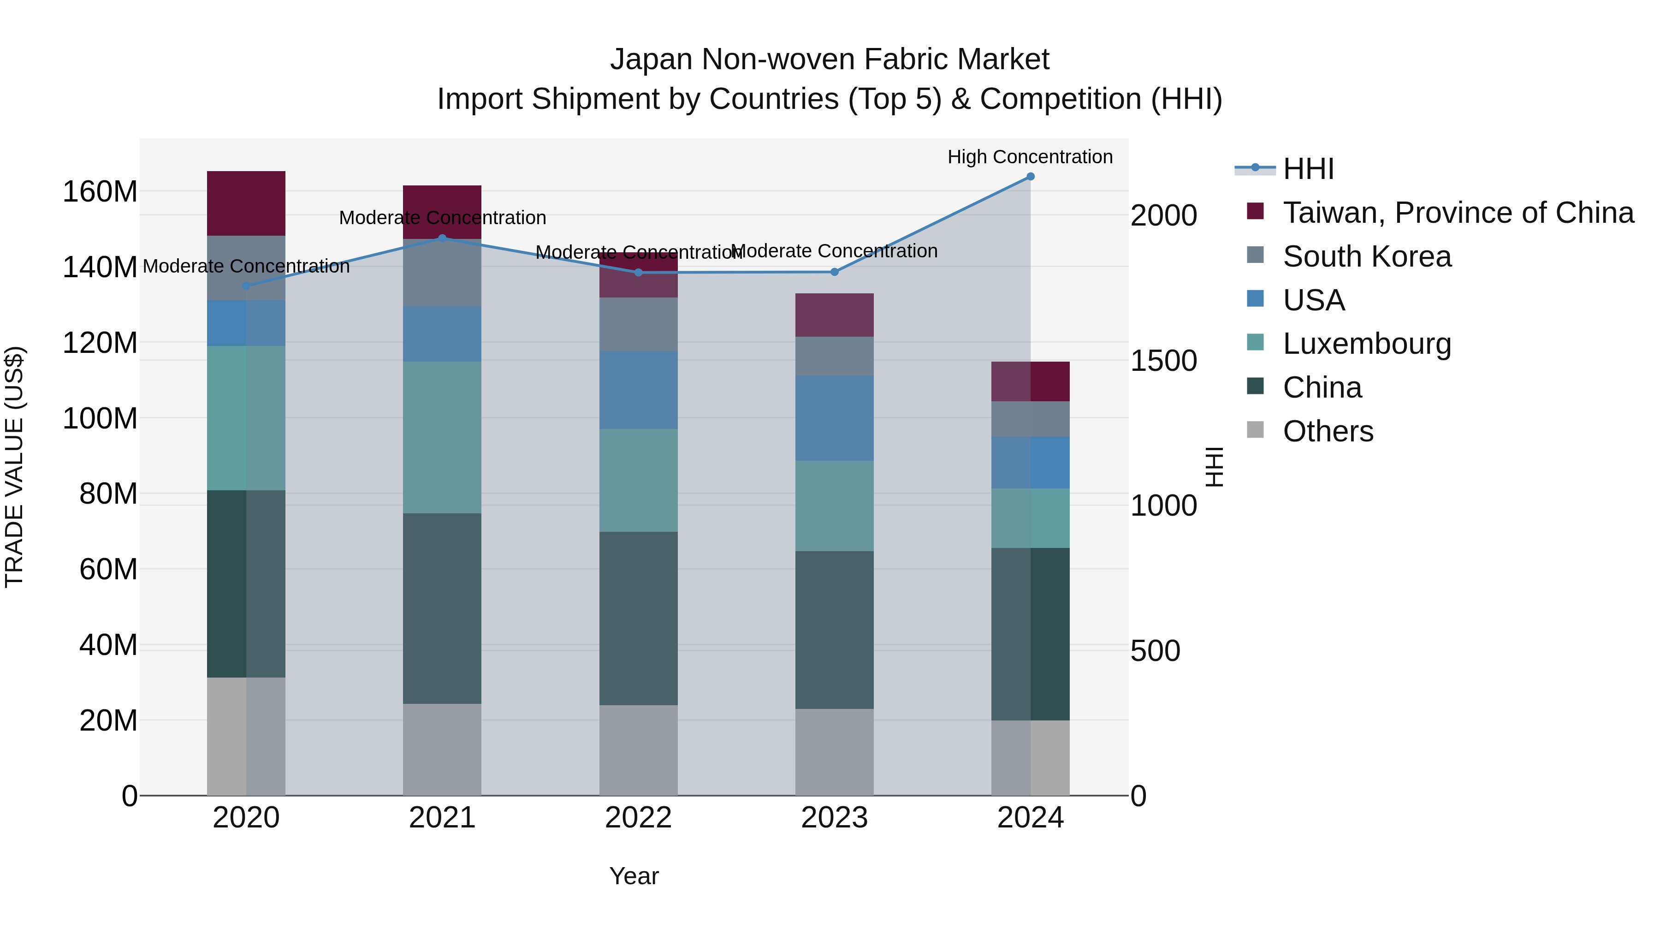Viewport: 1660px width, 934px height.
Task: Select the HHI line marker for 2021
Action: click(442, 238)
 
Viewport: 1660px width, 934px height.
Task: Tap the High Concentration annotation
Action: click(1029, 157)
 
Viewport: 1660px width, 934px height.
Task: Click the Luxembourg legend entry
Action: click(1366, 344)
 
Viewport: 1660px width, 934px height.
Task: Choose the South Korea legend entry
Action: click(1366, 256)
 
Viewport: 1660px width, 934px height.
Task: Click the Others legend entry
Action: click(1328, 431)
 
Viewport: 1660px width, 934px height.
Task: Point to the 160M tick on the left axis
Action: click(100, 192)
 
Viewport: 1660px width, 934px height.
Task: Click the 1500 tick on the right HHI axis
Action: click(1164, 361)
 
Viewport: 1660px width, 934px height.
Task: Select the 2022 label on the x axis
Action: click(638, 818)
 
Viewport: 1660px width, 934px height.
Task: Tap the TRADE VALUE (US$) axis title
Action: click(14, 467)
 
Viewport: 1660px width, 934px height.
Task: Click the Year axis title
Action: click(634, 876)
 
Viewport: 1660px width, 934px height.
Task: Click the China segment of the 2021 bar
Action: click(442, 608)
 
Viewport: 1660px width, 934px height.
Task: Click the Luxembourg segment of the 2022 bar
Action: click(638, 480)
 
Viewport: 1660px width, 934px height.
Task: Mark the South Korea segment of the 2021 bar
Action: click(442, 273)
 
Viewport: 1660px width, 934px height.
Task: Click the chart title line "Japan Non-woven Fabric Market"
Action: click(830, 59)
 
